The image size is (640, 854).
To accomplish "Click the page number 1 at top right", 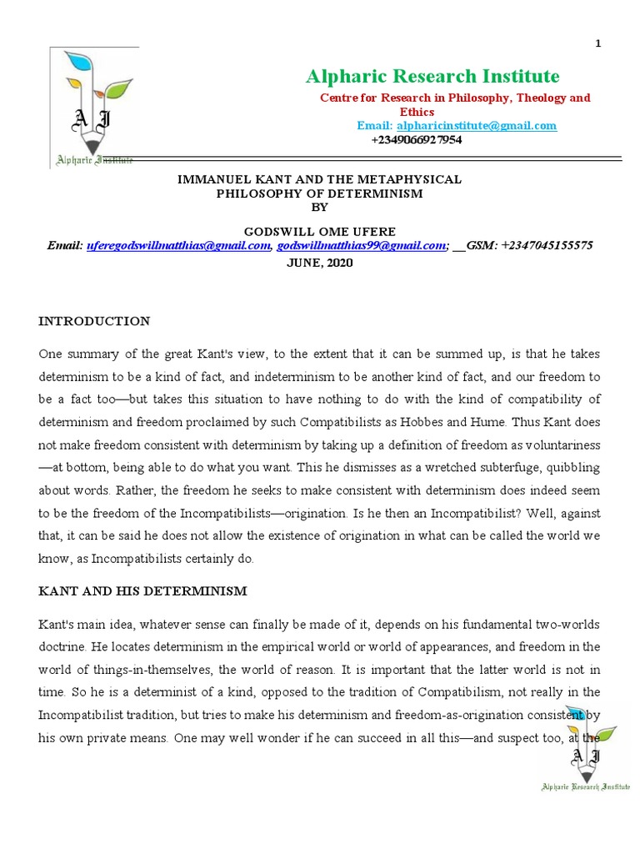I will pos(597,44).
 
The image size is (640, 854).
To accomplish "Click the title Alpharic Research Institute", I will pos(432,77).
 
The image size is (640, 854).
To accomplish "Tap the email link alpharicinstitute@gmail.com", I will pos(477,126).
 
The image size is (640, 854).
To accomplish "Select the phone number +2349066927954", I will pos(416,140).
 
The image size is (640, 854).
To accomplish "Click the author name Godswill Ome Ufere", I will pos(321,231).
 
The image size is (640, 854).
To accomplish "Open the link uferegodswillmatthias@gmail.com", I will pos(178,245).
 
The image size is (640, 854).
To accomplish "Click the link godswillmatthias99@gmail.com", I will pos(362,245).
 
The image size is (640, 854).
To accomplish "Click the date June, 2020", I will pos(320,262).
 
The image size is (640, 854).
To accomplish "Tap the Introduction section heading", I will pos(94,321).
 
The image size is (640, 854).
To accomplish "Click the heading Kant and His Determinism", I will pos(142,591).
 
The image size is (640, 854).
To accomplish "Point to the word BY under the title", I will pos(320,207).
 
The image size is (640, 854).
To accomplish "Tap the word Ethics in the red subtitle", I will pos(417,112).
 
